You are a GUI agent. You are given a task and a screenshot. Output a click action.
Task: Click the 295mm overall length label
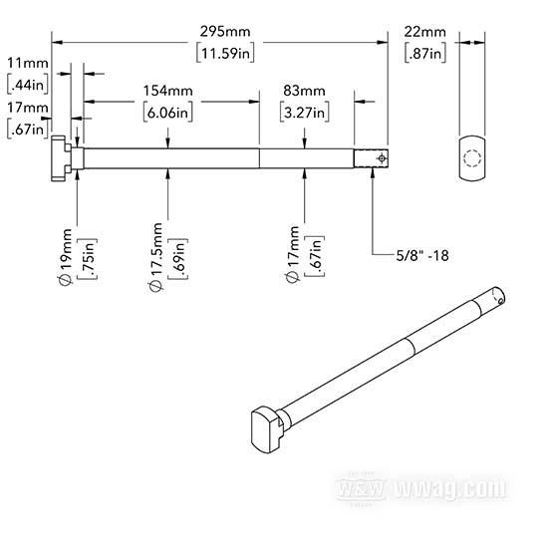225,32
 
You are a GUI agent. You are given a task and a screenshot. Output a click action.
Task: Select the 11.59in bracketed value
225,53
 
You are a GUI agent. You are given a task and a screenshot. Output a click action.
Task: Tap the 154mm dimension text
168,91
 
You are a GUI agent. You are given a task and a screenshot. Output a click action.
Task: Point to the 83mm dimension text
304,91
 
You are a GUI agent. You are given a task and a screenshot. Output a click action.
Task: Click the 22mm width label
425,32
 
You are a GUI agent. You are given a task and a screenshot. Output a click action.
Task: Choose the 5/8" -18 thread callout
422,255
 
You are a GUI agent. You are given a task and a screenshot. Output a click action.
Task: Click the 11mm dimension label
28,63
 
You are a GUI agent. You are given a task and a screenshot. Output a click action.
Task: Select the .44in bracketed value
28,85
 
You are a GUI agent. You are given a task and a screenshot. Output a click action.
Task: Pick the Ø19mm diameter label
66,257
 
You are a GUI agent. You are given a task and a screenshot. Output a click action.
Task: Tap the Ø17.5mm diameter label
155,257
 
